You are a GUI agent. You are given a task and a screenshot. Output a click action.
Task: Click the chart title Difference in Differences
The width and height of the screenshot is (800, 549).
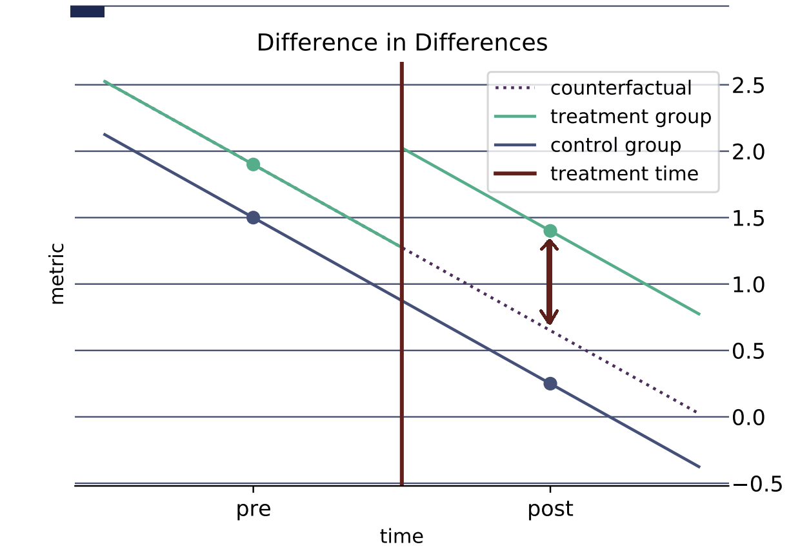pyautogui.click(x=402, y=43)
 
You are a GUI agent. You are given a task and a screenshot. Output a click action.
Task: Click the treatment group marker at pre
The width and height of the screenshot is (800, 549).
pyautogui.click(x=253, y=164)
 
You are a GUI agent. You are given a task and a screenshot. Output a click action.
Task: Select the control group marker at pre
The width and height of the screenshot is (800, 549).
pyautogui.click(x=253, y=217)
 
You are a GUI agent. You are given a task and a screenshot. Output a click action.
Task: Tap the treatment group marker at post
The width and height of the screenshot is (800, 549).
pyautogui.click(x=550, y=231)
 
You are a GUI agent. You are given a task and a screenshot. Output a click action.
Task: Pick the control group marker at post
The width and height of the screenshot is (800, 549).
pyautogui.click(x=550, y=383)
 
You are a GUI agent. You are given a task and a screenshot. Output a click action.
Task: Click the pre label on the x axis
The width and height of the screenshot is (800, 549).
pyautogui.click(x=253, y=510)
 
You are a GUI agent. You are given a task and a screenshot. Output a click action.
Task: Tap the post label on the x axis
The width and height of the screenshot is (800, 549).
pyautogui.click(x=550, y=510)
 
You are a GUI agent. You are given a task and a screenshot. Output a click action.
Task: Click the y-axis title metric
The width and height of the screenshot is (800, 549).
pyautogui.click(x=58, y=273)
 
